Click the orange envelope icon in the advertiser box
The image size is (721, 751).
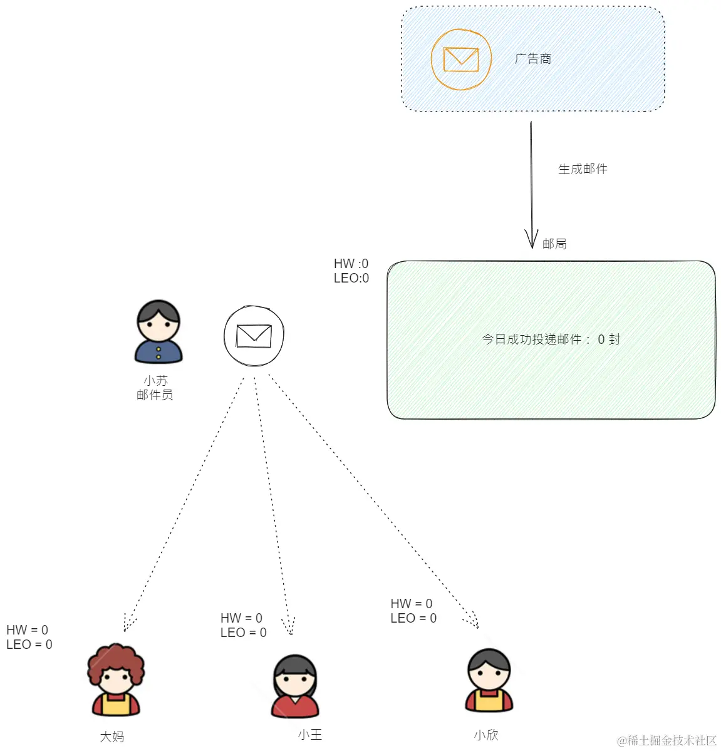(x=461, y=60)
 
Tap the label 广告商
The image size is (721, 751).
(x=533, y=59)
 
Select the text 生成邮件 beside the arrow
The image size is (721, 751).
(x=583, y=169)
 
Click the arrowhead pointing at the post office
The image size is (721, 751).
(x=531, y=240)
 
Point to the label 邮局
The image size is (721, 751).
(x=554, y=244)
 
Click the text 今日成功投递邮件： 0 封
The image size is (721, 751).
(x=551, y=339)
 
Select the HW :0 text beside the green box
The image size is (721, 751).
(x=351, y=264)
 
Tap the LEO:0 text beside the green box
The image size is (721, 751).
(x=351, y=278)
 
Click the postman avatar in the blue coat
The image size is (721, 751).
(x=158, y=332)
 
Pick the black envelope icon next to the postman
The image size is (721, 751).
(x=254, y=336)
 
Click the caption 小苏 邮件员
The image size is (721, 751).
(x=155, y=388)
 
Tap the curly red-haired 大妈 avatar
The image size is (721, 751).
(x=115, y=680)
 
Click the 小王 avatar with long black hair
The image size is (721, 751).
(x=295, y=686)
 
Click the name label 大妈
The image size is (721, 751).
(x=112, y=737)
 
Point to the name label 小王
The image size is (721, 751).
(x=309, y=735)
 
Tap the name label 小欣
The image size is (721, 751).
(x=486, y=735)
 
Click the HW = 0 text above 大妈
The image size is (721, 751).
(x=27, y=630)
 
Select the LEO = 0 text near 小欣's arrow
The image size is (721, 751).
(x=413, y=618)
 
